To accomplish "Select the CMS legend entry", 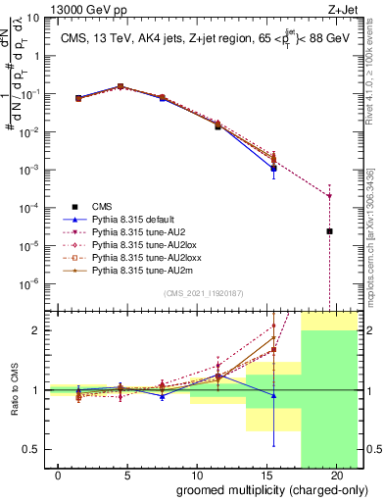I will [x=102, y=206].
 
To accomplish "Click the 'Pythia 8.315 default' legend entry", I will [x=136, y=219].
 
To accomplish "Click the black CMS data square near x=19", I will [x=330, y=231].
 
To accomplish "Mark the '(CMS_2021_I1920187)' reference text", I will [x=203, y=293].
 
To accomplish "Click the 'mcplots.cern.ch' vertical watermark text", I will [x=371, y=245].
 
